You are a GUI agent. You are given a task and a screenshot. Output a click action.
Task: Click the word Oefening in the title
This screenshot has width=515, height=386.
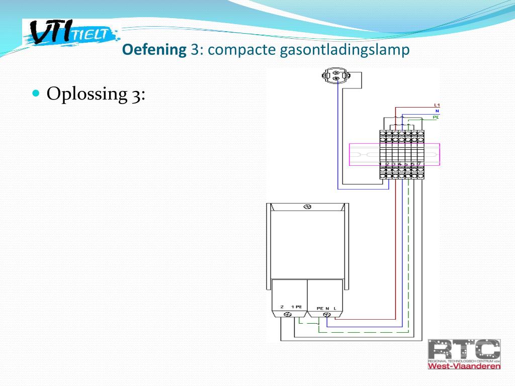click(154, 50)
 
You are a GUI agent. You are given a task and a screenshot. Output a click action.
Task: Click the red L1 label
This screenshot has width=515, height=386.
click(437, 105)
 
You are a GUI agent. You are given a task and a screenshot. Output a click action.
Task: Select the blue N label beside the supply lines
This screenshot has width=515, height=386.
click(437, 111)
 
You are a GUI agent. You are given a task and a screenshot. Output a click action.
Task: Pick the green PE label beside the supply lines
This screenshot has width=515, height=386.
click(436, 117)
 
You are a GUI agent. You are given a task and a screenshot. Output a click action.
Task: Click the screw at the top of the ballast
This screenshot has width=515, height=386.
click(308, 207)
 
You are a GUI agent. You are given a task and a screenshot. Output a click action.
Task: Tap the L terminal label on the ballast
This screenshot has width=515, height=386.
click(334, 308)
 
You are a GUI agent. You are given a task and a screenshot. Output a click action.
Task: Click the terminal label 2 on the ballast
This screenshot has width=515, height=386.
click(282, 307)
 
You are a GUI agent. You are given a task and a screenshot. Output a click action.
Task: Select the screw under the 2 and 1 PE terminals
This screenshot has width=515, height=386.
click(288, 314)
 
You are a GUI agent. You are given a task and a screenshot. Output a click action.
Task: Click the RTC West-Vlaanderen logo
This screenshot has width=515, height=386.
click(464, 354)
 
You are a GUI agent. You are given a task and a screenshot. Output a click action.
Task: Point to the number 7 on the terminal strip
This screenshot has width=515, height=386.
click(418, 164)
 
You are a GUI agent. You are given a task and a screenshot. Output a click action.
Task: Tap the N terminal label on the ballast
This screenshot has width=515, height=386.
click(327, 308)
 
